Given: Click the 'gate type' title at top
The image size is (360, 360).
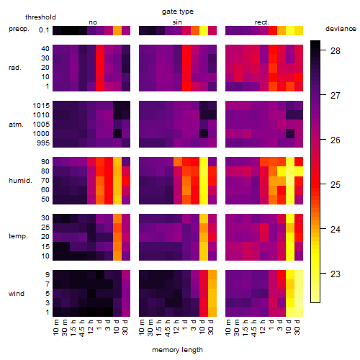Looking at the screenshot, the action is click(178, 12).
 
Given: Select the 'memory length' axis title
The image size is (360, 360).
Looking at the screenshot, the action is click(177, 350).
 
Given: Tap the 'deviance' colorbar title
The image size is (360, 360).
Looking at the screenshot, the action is click(341, 29).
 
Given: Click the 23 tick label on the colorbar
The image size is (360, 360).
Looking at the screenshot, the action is click(336, 274).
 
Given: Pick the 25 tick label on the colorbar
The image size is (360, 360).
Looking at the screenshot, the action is click(336, 185).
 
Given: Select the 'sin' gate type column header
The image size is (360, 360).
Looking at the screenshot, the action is click(177, 22).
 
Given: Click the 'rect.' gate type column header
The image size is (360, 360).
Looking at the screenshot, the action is click(262, 22).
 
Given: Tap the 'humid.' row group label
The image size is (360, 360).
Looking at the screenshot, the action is click(20, 181).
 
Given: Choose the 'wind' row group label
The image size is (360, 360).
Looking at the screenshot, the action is click(17, 294).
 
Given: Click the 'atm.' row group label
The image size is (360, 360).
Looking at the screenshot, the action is click(16, 125).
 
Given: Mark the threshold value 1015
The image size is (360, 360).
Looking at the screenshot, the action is click(41, 106).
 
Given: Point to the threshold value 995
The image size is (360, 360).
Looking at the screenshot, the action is click(43, 143).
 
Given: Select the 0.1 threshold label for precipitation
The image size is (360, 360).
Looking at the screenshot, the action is click(44, 30).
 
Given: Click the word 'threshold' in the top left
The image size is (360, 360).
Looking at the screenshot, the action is click(40, 17).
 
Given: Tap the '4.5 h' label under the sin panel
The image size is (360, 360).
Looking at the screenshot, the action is click(168, 328).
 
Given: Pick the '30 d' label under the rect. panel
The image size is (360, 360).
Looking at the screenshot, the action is click(297, 328).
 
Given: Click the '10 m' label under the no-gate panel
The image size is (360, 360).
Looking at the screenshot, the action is click(55, 328).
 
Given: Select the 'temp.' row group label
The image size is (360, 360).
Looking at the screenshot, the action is click(18, 236).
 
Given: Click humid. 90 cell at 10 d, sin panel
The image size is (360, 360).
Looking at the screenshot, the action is click(204, 162).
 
